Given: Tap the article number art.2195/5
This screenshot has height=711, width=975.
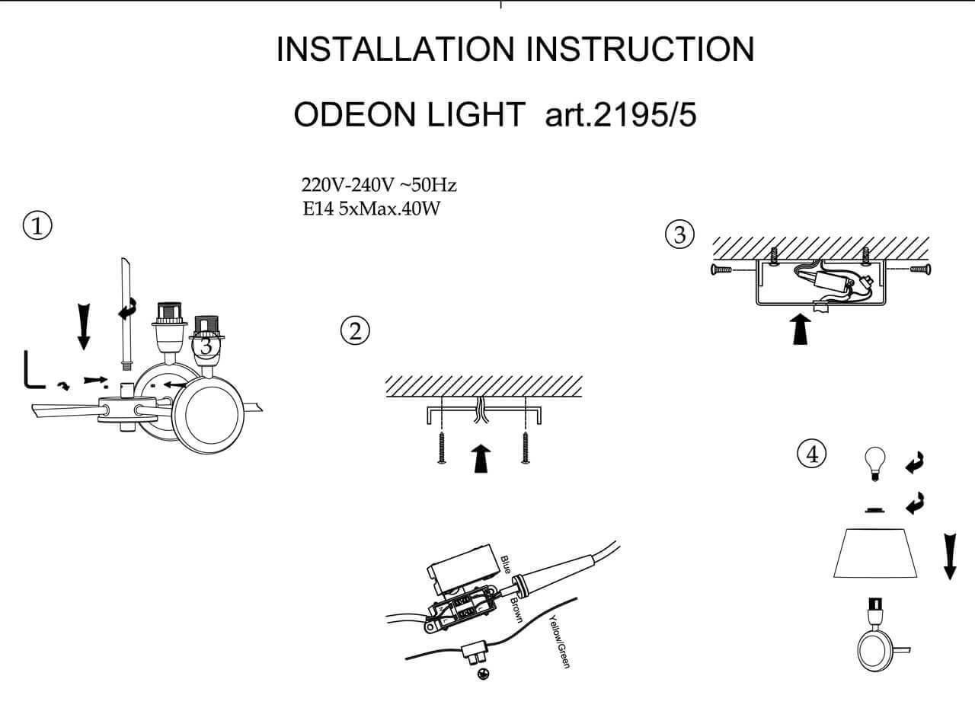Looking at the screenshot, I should point(621,115).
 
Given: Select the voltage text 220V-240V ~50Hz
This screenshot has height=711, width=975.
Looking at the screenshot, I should point(379,186).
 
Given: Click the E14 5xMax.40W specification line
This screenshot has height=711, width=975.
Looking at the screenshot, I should point(372,208).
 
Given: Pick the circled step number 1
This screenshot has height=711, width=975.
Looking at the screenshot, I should point(37,226).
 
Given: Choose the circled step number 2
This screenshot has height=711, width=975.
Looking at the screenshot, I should point(354,331).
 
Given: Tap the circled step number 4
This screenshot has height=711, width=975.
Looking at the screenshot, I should point(811,454).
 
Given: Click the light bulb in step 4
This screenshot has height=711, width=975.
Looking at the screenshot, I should point(875,461).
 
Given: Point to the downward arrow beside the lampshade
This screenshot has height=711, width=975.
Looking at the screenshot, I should point(949,556).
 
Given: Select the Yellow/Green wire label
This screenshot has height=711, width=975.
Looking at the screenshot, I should point(560,641).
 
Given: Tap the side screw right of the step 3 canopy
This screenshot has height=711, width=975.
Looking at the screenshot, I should point(920,269).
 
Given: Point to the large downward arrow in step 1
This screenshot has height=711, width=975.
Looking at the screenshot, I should point(84,327).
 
